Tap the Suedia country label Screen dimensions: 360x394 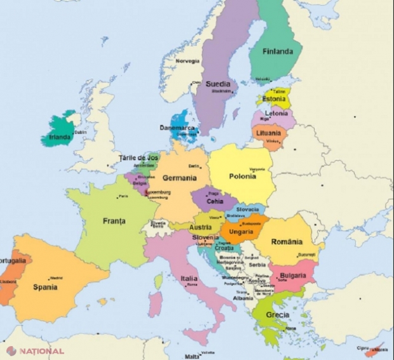(x=219, y=83)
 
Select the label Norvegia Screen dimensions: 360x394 (x=187, y=62)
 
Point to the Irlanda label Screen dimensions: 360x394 (x=60, y=137)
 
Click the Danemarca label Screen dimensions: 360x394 (x=178, y=127)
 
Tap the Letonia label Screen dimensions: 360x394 (x=276, y=113)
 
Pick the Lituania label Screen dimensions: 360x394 (x=269, y=133)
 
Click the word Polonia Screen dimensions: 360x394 (x=242, y=176)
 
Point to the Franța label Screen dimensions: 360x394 (x=114, y=221)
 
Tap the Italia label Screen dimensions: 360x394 (x=189, y=278)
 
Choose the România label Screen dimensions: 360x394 (x=286, y=242)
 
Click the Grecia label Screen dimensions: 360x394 (x=278, y=314)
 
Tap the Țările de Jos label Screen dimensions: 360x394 (x=139, y=157)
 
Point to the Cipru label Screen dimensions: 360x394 (x=362, y=348)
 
